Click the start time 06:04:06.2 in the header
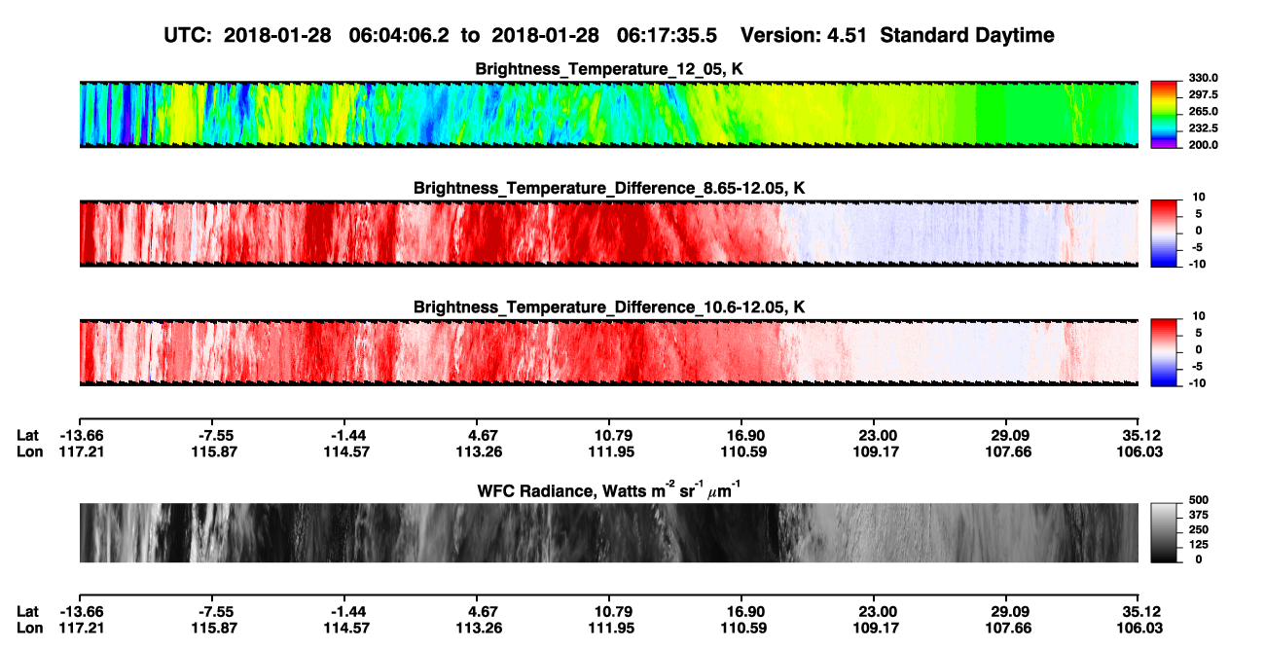click(399, 35)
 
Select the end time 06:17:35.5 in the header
click(667, 35)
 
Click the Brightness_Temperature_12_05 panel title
click(609, 69)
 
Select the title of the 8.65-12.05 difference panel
click(609, 188)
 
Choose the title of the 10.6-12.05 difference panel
click(609, 307)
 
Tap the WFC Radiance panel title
click(609, 489)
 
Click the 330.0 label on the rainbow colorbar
click(1203, 78)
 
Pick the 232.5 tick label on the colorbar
click(1203, 128)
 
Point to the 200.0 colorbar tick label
click(1203, 145)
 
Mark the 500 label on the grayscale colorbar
click(1199, 500)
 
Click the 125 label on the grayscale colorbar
click(1199, 545)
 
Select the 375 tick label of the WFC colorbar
click(1199, 515)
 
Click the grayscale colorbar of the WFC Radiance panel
click(1164, 532)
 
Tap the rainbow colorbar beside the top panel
click(1164, 115)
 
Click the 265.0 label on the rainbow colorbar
click(1203, 111)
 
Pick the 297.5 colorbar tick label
click(1203, 94)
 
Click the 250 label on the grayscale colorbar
click(1199, 530)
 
